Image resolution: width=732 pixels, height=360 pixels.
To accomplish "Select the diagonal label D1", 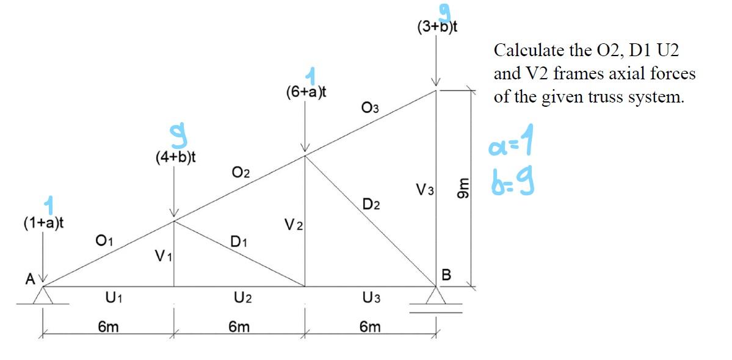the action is coord(239,242).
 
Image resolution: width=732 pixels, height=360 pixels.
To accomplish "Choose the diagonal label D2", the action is coord(371,204).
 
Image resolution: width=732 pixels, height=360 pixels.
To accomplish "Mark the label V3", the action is coord(425,190).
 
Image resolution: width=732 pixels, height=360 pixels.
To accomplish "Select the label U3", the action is coord(372,298).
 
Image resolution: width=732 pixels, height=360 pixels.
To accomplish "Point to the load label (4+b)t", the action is coord(176,157).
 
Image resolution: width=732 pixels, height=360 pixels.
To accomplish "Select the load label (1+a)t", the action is coord(45,223).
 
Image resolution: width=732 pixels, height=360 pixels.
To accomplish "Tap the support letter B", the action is coord(446,275).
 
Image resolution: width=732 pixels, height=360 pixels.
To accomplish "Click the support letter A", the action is coord(29,279).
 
